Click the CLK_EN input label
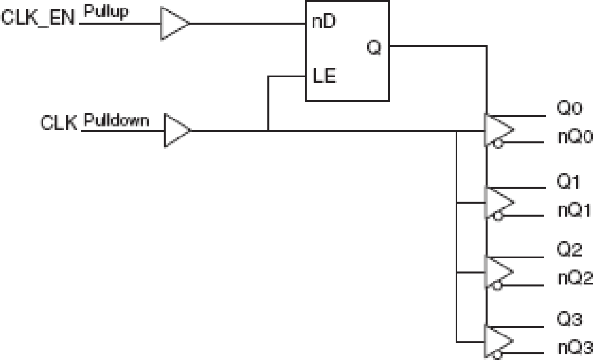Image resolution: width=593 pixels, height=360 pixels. point(38,19)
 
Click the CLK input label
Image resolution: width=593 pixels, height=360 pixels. point(58,124)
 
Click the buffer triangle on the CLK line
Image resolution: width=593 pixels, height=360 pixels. point(176,130)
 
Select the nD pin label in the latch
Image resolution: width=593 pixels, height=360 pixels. point(323,23)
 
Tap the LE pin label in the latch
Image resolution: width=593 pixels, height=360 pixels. point(324,76)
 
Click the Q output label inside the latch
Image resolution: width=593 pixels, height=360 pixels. point(373,47)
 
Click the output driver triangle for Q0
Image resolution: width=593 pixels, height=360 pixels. point(497,130)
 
